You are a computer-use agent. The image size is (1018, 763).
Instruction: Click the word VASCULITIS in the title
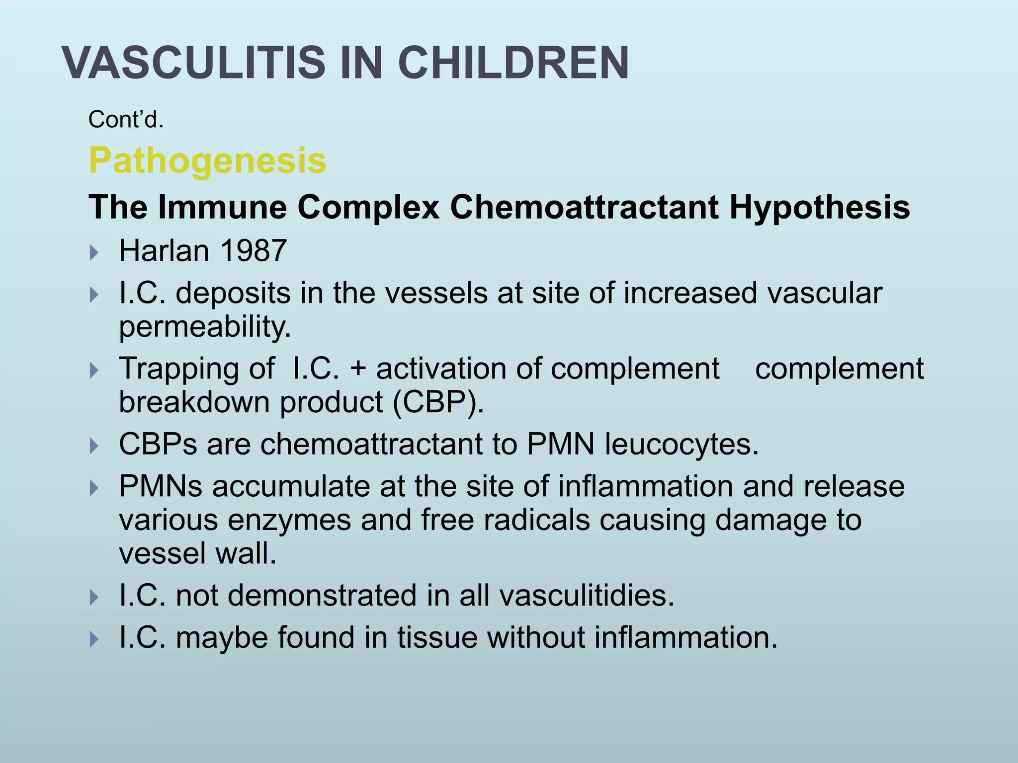194,63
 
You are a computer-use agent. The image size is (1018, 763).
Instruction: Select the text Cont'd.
126,120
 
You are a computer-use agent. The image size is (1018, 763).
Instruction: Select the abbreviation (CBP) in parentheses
437,401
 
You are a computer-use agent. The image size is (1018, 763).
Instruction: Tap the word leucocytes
681,444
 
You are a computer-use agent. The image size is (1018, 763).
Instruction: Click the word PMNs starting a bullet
161,486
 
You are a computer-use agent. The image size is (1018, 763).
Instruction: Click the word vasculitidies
587,595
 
